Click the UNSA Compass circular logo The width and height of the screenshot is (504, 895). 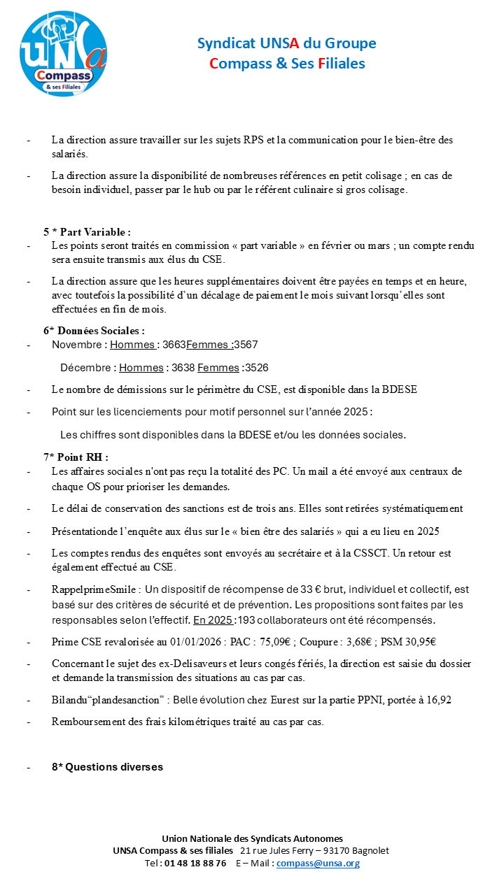pyautogui.click(x=64, y=54)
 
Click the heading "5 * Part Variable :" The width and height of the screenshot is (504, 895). pyautogui.click(x=87, y=232)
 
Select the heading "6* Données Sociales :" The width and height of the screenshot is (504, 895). pyautogui.click(x=94, y=331)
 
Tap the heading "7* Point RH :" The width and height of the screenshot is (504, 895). pyautogui.click(x=76, y=457)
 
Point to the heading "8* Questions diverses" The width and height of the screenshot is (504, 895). pyautogui.click(x=107, y=767)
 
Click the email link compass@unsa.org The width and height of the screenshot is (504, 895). pyautogui.click(x=318, y=864)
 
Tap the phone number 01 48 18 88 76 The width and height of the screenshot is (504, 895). pyautogui.click(x=195, y=864)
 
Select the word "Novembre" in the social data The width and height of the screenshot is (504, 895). pyautogui.click(x=76, y=345)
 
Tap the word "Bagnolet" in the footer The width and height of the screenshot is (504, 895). pyautogui.click(x=370, y=851)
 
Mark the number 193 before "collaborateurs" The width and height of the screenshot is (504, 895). pyautogui.click(x=246, y=620)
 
